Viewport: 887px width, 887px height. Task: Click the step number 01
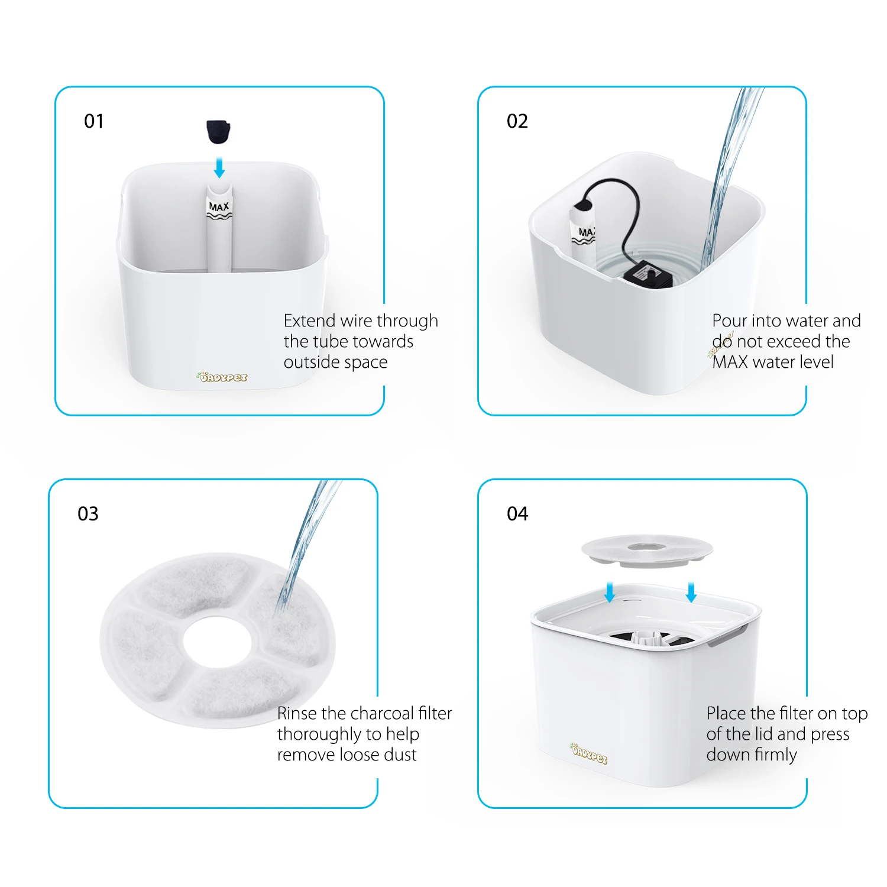94,121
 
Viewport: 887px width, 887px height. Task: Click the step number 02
517,121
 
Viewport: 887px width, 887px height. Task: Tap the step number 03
88,513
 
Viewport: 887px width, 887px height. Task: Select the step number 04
517,513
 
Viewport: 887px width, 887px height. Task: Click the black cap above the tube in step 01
218,131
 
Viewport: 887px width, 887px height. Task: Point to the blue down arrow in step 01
219,167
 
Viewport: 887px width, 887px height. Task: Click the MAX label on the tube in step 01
219,207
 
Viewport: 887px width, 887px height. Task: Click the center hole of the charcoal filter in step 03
217,641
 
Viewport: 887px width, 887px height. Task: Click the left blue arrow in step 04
610,591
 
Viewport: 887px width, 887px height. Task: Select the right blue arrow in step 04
691,591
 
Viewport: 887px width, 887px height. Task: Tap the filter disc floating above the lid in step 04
647,551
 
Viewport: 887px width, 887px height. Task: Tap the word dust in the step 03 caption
400,755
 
